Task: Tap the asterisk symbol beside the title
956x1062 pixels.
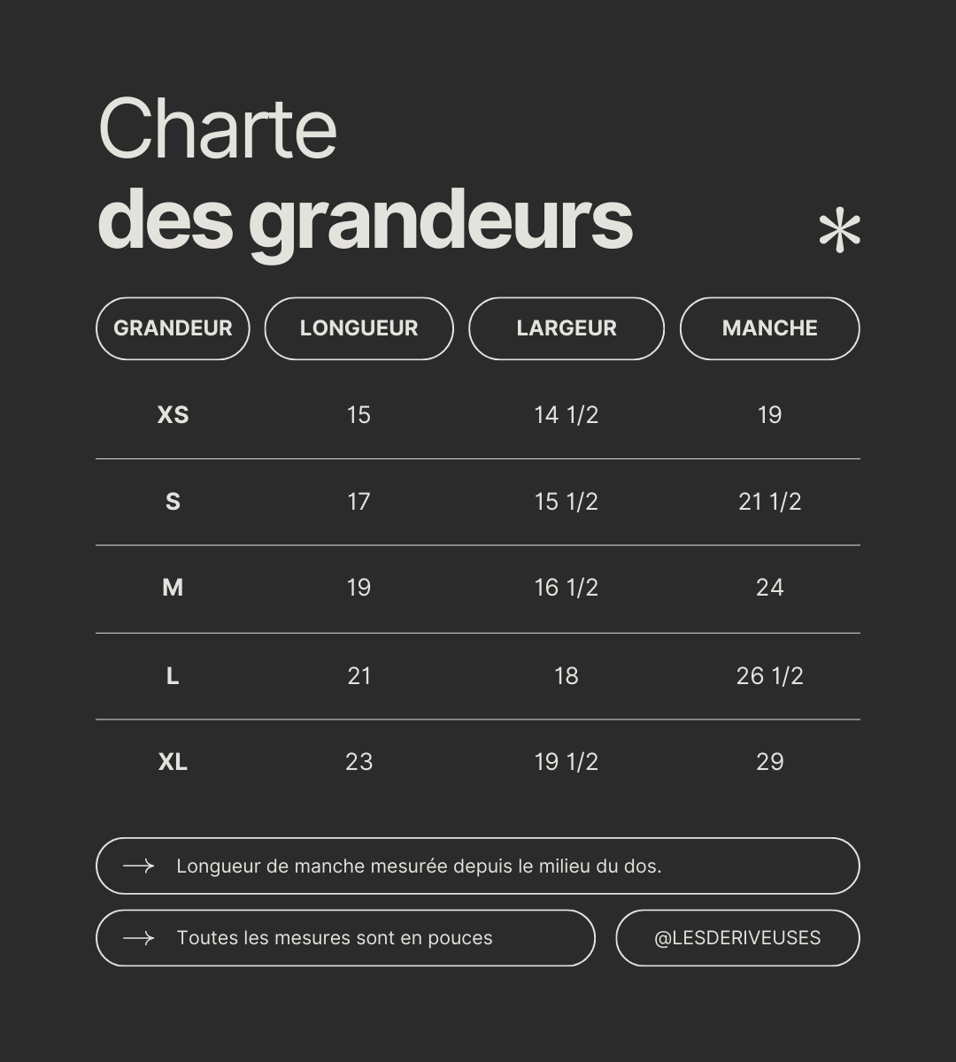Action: pos(839,232)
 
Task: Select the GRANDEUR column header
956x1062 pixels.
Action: pos(173,328)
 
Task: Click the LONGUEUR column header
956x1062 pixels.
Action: pos(358,328)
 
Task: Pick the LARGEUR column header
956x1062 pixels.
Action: pos(567,328)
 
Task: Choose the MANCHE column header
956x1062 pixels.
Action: pos(769,328)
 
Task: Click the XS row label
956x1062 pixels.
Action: pos(173,415)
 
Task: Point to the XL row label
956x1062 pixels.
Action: pos(173,762)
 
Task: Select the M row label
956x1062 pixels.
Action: pos(173,588)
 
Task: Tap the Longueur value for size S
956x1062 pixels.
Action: pos(358,502)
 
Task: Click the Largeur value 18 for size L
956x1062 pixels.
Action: pos(567,676)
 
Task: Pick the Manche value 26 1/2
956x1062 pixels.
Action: pos(769,676)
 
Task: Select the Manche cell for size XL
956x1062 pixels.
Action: pos(769,762)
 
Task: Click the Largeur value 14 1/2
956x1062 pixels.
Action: pos(567,415)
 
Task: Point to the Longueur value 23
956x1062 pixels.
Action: pos(358,762)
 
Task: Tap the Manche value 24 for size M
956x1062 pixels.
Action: pos(769,588)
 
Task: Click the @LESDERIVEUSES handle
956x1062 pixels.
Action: pos(737,938)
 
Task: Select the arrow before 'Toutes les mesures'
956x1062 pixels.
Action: pos(138,938)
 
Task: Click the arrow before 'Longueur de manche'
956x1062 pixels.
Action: pos(138,866)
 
